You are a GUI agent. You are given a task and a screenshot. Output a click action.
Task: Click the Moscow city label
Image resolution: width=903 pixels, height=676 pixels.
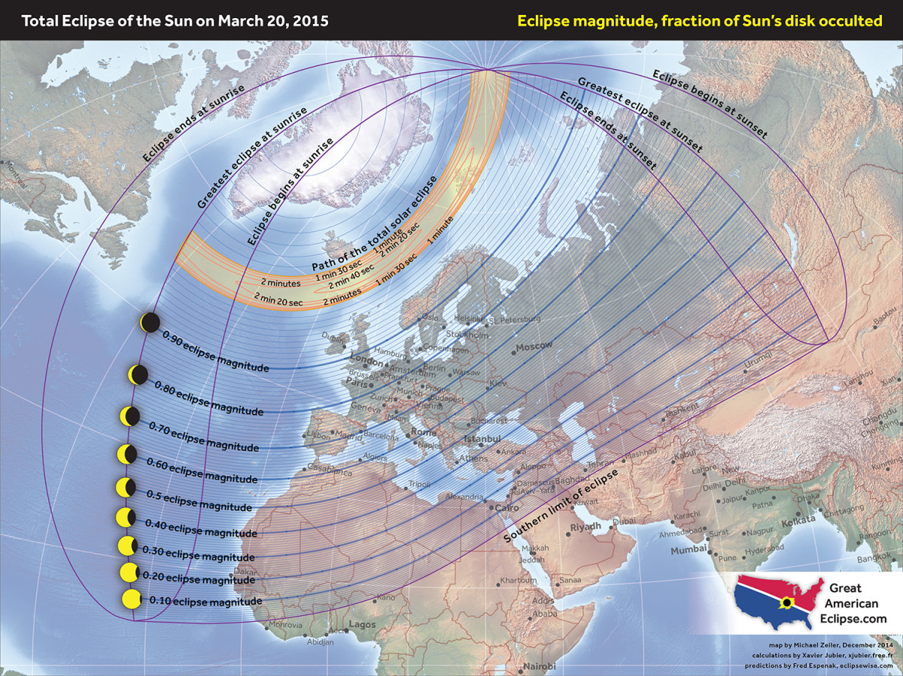point(534,346)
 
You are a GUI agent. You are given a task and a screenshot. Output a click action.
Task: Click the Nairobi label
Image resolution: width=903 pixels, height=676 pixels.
point(540,667)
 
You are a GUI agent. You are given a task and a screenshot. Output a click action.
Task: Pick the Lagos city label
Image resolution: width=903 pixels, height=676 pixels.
point(362,624)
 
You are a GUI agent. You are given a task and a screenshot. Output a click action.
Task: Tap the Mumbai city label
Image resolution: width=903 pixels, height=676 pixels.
point(689,550)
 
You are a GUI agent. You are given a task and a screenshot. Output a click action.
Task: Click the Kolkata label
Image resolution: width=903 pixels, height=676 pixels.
point(798,521)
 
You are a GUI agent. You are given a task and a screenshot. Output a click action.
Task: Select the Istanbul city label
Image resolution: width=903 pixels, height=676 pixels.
point(482,439)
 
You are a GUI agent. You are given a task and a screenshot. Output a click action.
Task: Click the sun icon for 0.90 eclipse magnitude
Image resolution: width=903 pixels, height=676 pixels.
point(150,322)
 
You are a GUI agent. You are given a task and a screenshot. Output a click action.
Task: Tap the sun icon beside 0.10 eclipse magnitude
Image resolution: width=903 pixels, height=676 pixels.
point(131,599)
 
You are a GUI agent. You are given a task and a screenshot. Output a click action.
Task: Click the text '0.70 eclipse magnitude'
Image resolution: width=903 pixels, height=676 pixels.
point(204,437)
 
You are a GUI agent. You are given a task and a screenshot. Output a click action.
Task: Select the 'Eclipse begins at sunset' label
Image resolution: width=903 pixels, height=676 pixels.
point(709,104)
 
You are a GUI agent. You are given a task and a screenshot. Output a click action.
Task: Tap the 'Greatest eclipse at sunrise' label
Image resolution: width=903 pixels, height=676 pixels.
point(252,158)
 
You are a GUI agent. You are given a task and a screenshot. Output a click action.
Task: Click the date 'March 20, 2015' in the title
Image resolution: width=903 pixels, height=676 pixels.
point(274,20)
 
